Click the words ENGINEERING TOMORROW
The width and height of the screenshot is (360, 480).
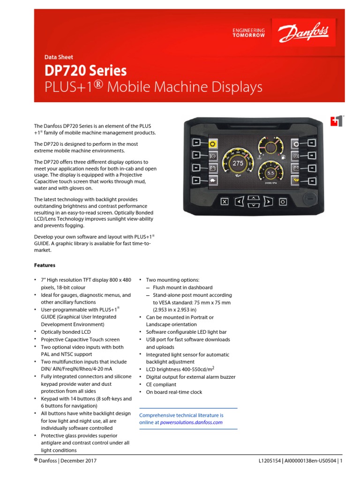[x=248, y=33]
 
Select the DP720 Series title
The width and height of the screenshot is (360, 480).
[x=85, y=70]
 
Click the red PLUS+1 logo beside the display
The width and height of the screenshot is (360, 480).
[x=336, y=120]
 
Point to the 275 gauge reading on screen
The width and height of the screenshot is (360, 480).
[x=238, y=163]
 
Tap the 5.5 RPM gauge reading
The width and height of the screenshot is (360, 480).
[x=270, y=173]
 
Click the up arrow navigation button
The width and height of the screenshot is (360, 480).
[x=253, y=197]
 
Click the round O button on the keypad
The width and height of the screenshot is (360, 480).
[x=283, y=202]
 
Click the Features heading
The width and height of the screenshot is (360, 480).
[x=45, y=265]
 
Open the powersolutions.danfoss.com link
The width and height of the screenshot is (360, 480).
[x=191, y=422]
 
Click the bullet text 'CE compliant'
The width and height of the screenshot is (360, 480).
[x=161, y=384]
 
